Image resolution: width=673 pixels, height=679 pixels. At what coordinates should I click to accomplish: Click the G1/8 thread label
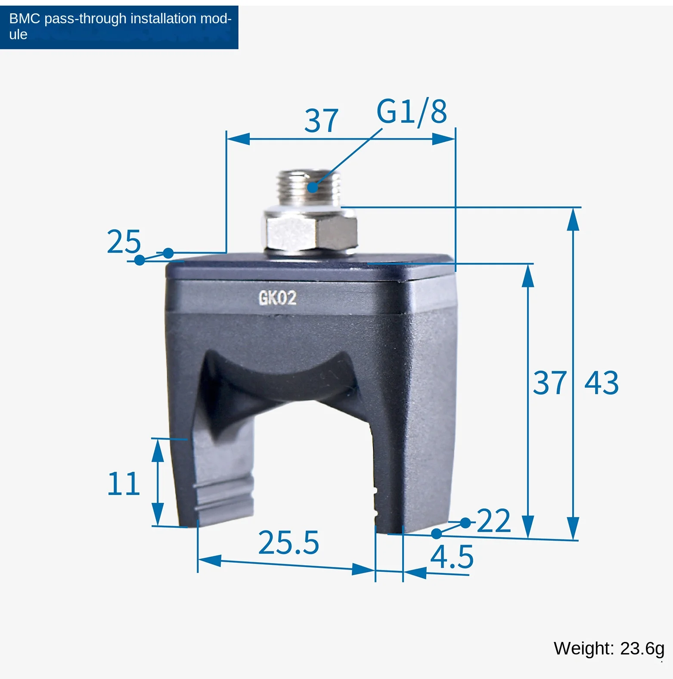412,112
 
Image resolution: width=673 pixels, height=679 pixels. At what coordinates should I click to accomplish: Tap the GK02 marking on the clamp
277,298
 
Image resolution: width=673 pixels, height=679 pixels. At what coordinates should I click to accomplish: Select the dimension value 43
602,383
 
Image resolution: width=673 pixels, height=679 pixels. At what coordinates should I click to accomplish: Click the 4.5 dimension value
452,557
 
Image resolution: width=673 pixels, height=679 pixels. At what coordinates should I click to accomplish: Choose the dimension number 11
124,483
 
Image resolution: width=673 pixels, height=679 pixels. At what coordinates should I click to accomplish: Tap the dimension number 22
494,521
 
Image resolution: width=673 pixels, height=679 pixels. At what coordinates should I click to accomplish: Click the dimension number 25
124,241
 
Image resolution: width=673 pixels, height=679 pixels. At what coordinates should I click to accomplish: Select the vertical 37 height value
550,383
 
